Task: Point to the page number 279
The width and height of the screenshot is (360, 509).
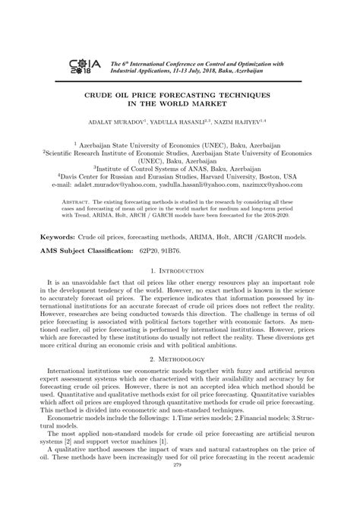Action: [179, 497]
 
